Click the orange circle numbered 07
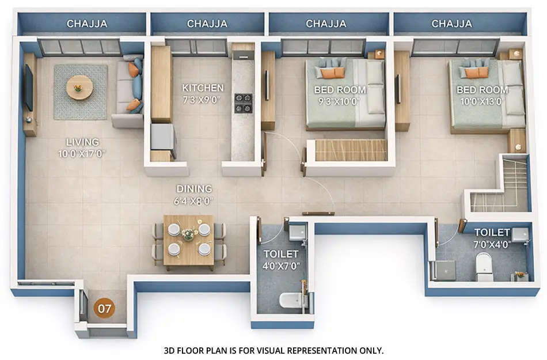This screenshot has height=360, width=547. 104,308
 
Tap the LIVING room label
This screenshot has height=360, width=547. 82,142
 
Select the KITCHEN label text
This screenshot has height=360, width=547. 203,88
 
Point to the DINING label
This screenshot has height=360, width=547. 194,188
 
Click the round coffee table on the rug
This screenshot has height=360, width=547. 79,87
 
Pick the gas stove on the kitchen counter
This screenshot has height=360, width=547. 243,103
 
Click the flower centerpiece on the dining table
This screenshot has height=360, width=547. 188,234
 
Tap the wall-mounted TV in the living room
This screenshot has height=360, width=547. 28,88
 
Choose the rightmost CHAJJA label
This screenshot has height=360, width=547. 451,24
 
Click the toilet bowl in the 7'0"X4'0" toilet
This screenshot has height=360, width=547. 485,268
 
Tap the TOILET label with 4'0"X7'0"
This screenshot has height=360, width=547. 281,254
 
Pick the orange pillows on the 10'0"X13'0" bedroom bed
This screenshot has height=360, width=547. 476,73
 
